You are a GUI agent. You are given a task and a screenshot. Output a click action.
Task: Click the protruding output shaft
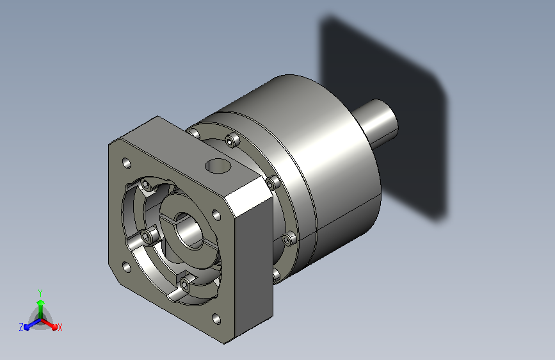click(x=375, y=122)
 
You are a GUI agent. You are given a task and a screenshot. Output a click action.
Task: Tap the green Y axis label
click(x=40, y=293)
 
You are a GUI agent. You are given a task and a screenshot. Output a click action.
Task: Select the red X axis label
click(x=60, y=327)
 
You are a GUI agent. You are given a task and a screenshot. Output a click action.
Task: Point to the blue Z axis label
click(x=21, y=327)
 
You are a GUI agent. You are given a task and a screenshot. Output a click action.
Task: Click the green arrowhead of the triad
click(x=40, y=303)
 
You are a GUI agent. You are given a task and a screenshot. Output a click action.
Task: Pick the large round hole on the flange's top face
click(x=218, y=166)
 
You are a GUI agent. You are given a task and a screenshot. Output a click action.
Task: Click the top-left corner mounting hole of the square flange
click(x=126, y=163)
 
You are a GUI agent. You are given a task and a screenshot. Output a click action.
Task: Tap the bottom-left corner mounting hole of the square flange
click(x=126, y=267)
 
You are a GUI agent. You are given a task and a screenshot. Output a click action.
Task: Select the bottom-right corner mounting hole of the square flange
click(x=216, y=319)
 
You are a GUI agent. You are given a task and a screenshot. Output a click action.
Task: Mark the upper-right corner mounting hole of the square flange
click(x=216, y=215)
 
